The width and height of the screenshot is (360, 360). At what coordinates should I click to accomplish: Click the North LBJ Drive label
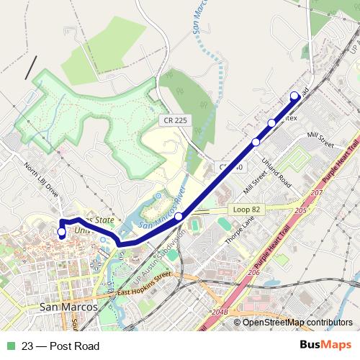click(x=40, y=180)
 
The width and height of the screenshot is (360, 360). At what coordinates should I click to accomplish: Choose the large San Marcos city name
click(x=66, y=307)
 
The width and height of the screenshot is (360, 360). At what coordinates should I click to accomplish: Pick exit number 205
click(x=300, y=208)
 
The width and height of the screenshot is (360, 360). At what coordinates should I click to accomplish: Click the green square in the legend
click(x=10, y=346)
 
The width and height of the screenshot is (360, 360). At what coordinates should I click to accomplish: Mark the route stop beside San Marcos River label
click(x=179, y=215)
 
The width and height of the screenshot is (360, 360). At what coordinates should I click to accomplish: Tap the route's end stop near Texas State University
click(x=61, y=232)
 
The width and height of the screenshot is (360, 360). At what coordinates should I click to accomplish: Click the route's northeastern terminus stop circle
click(x=294, y=96)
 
